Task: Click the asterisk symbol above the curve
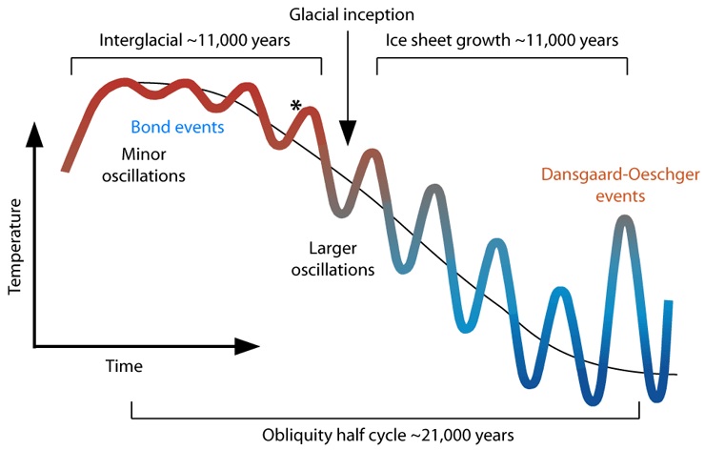(297, 105)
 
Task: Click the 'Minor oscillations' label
(153, 163)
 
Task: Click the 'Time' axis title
(124, 366)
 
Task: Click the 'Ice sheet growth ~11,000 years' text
(503, 41)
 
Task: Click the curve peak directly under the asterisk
(312, 113)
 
